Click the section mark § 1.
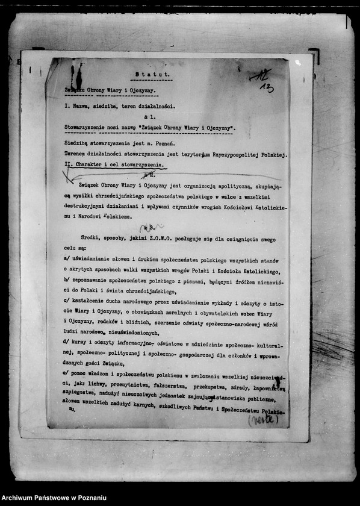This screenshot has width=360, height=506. (149, 116)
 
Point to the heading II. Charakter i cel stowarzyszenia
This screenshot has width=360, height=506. (113, 164)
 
